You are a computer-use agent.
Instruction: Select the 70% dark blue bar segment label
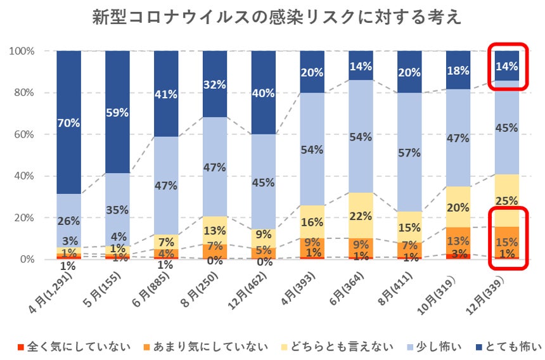point(68,123)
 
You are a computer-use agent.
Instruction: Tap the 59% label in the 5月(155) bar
point(117,112)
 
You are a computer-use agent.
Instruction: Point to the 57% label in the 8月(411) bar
point(409,153)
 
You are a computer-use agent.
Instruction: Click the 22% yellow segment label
point(361,215)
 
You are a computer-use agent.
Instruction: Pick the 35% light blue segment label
point(117,210)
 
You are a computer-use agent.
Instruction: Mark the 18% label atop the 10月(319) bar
point(458,70)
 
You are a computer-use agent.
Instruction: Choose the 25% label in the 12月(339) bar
point(507,200)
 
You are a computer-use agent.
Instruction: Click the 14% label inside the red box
point(507,66)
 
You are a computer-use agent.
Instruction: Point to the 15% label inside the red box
point(507,241)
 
